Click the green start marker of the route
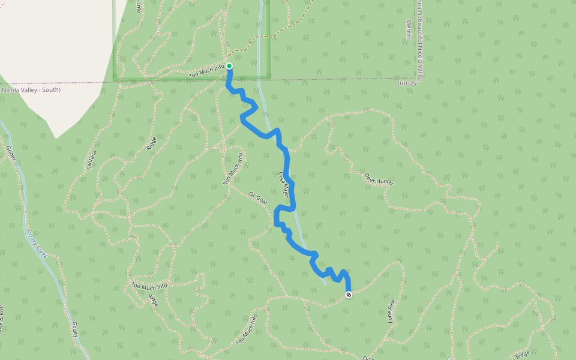point(229,66)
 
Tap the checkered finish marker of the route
point(349,294)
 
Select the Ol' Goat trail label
point(259,198)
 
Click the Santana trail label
point(91,158)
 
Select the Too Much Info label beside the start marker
point(207,71)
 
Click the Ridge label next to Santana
point(151,143)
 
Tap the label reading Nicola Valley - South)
point(31,90)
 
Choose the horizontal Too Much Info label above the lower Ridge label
point(149,287)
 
